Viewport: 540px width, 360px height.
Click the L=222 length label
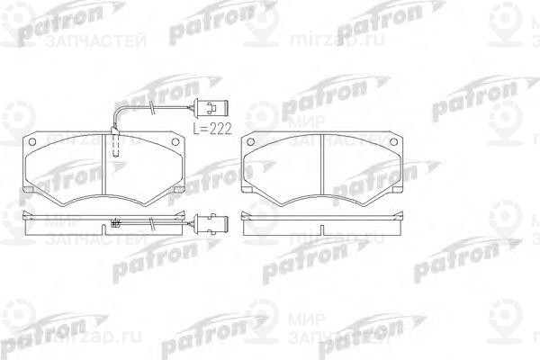(x=213, y=129)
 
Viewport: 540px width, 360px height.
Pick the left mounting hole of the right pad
(x=253, y=143)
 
